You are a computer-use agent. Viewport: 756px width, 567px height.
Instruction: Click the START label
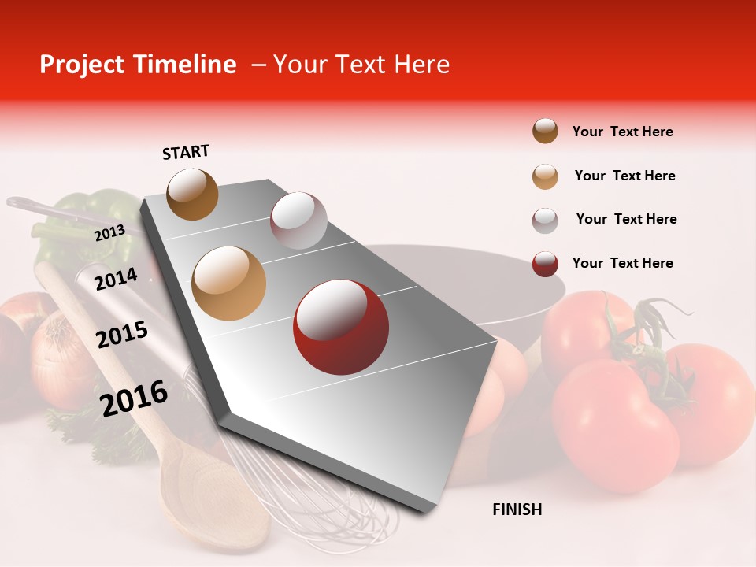(x=186, y=152)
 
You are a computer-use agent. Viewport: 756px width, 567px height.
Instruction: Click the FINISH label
(x=517, y=510)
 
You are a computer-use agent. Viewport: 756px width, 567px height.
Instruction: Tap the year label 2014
(x=116, y=279)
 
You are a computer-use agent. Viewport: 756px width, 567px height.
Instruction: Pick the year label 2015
(x=122, y=335)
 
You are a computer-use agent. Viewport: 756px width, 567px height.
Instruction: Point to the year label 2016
(x=134, y=398)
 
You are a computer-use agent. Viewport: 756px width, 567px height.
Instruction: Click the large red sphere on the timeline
(x=340, y=327)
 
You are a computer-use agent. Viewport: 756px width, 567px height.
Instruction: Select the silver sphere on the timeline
(x=298, y=220)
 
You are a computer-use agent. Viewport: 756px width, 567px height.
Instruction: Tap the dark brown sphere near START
(x=192, y=194)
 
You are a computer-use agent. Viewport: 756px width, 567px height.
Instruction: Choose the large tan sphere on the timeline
(x=229, y=283)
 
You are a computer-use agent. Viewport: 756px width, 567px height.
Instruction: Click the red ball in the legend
(x=545, y=264)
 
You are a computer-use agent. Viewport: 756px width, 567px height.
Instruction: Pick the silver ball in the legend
(x=545, y=220)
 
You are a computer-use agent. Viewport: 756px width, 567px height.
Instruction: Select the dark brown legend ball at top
(x=545, y=132)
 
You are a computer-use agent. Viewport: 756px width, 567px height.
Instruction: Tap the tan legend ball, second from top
(x=545, y=176)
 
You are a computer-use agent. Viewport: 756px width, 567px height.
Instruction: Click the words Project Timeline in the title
(x=138, y=65)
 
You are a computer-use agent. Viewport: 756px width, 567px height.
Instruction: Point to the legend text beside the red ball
(x=622, y=263)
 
